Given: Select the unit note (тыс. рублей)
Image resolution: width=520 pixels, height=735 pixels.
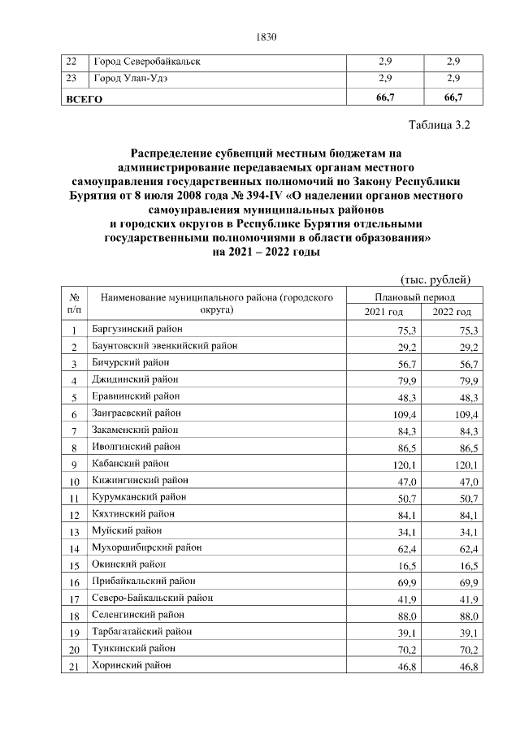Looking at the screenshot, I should [437, 280].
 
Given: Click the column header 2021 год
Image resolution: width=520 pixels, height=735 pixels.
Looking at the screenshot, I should [383, 313].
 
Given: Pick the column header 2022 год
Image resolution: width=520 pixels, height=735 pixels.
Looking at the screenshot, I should [452, 313].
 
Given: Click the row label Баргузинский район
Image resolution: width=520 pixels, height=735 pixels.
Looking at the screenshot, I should [137, 329].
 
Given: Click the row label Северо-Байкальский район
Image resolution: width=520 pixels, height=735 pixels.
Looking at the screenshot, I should [153, 599].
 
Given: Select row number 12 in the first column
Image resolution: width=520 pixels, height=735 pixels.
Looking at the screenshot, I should [74, 515].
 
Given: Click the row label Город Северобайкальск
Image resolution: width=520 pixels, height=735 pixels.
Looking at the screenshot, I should [147, 62].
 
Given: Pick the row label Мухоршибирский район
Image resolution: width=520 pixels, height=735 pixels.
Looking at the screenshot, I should [142, 548].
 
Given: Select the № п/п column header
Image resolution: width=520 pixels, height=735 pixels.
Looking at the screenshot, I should [74, 305].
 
